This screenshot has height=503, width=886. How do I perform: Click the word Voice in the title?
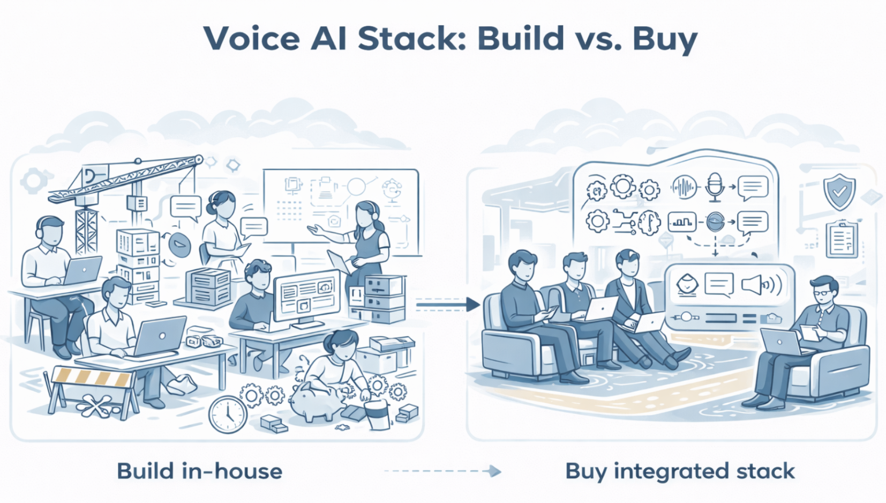tap(251, 39)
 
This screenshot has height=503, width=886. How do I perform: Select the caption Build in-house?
tap(199, 471)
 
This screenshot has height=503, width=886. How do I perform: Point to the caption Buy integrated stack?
tap(680, 471)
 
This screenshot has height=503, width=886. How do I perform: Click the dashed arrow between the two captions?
tap(442, 471)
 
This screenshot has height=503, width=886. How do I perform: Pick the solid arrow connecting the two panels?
tap(447, 305)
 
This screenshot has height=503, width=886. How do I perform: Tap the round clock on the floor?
tap(228, 414)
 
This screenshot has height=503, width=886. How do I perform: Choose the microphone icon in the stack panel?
tap(715, 186)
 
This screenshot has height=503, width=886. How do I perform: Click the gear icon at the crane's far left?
tap(34, 181)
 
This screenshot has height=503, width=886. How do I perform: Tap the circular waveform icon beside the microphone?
tap(684, 187)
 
